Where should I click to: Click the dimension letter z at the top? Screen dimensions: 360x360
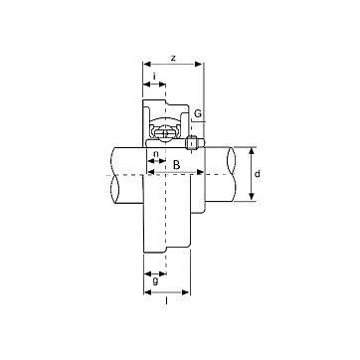click(173, 59)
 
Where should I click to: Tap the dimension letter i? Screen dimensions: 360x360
click(154, 77)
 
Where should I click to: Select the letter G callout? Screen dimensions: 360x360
click(198, 113)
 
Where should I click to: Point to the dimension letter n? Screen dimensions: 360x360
click(156, 154)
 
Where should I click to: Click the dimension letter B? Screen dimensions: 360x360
click(177, 165)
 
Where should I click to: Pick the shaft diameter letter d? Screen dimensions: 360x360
click(258, 173)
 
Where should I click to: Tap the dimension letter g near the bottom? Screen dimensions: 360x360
click(155, 281)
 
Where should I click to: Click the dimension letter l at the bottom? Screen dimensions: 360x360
click(166, 300)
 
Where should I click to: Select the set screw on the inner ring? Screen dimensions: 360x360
click(192, 143)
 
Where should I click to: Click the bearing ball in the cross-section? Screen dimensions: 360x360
click(165, 133)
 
